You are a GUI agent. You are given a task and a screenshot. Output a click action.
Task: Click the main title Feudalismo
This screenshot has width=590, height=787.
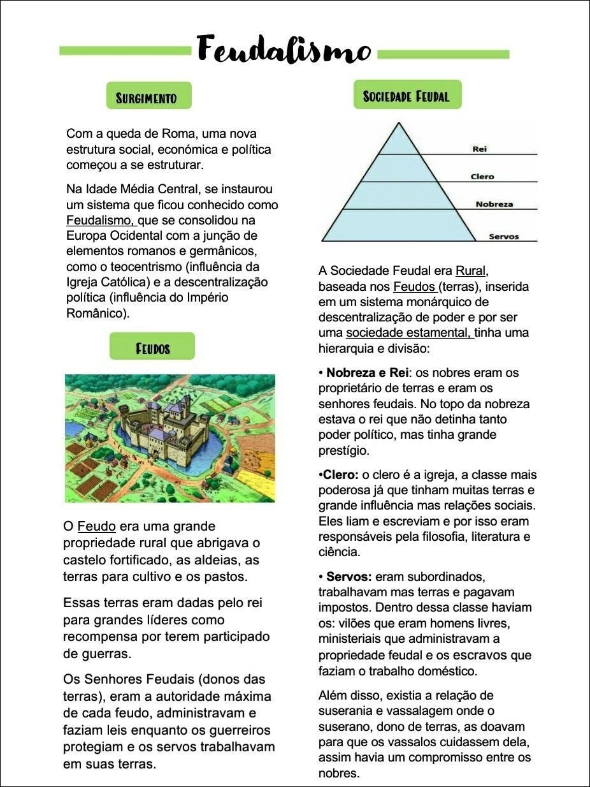[283, 50]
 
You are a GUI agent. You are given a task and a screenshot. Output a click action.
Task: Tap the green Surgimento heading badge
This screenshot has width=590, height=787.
[148, 97]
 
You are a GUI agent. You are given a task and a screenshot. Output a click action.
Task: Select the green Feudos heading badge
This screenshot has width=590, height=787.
[152, 348]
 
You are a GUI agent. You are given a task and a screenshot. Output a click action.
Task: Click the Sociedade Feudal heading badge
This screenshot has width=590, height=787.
[407, 96]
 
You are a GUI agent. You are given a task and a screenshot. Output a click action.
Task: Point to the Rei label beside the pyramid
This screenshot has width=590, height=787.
[480, 149]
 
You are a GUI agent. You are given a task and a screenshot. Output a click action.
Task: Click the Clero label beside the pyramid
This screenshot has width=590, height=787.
[482, 176]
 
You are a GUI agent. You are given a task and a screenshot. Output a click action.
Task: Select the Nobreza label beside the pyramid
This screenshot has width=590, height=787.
[494, 204]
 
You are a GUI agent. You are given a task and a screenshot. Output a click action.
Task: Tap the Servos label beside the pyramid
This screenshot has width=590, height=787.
[503, 237]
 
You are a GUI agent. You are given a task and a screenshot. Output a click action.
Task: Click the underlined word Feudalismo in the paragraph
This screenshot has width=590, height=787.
[101, 221]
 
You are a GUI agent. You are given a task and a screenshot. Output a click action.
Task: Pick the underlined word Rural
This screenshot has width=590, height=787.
[471, 271]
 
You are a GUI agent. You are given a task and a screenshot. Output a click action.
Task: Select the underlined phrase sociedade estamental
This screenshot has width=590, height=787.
[408, 333]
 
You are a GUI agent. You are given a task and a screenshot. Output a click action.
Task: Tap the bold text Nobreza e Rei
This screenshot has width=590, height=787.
[367, 372]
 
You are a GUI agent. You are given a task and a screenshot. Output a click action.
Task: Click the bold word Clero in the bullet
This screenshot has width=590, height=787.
[340, 475]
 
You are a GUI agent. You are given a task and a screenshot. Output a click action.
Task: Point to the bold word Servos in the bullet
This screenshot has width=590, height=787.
[349, 577]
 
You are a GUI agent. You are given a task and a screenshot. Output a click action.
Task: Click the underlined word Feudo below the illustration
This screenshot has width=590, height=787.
[96, 527]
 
